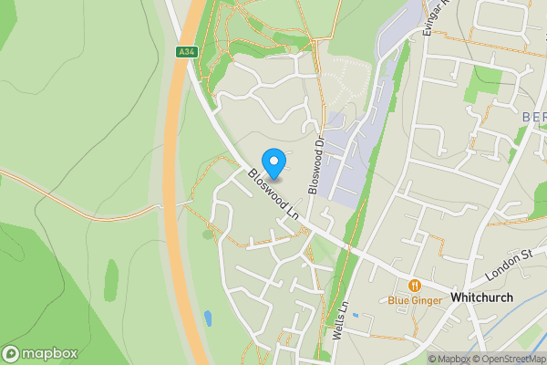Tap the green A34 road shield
tap(186, 53)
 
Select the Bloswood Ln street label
tap(274, 193)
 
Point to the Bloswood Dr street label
tap(316, 165)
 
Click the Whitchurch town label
tap(481, 297)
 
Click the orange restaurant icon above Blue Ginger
tap(415, 285)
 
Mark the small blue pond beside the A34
tap(209, 319)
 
